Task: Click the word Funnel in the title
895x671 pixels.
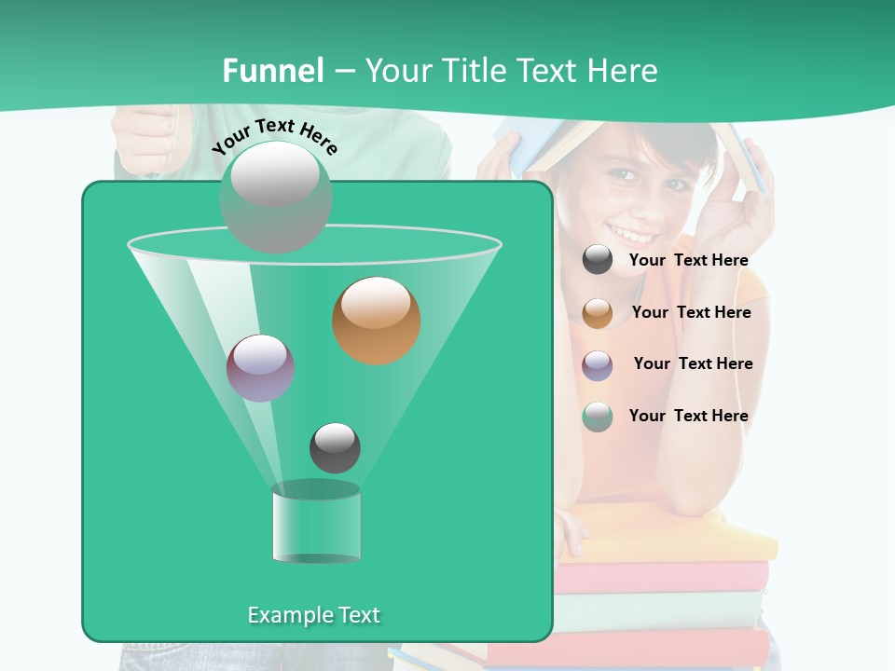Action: coord(273,71)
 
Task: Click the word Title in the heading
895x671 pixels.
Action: coord(472,71)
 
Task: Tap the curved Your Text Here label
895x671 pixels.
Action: coord(274,136)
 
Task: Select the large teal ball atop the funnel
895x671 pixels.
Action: coord(275,197)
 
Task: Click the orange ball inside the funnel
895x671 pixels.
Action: coord(377,321)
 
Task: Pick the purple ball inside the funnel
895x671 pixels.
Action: coord(260,368)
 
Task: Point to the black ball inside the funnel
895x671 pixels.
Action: coord(335,448)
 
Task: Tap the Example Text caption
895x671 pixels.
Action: coord(313,615)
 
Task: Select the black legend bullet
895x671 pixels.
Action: coord(598,260)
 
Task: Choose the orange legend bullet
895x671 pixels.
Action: coord(598,313)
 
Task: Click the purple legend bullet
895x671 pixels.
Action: coord(598,365)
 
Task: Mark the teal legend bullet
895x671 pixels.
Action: coord(598,417)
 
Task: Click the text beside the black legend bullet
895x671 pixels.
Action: coord(688,261)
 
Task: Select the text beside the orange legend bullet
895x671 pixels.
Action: coord(691,313)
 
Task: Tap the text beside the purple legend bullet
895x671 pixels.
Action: coord(693,364)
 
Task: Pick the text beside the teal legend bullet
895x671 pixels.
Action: coord(688,417)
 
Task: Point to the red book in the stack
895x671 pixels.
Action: coord(662,578)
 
